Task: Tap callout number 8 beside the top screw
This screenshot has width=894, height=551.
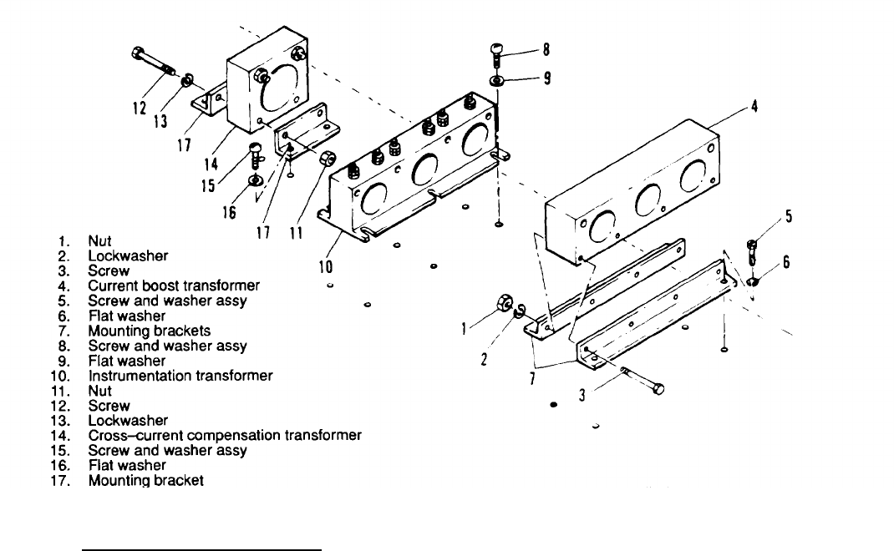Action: [546, 49]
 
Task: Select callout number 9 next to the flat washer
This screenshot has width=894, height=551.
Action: [547, 79]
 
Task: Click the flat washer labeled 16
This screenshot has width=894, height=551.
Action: [254, 180]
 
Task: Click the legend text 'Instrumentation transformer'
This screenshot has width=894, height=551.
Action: [180, 376]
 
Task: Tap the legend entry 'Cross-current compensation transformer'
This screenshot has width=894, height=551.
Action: [225, 436]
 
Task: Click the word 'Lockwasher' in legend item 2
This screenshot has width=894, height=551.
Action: [128, 256]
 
